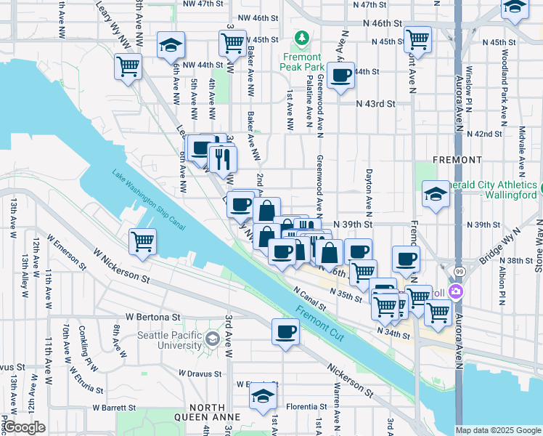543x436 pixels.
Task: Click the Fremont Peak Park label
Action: click(301, 61)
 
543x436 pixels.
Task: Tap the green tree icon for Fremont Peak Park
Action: click(301, 38)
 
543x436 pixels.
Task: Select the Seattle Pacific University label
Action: click(171, 340)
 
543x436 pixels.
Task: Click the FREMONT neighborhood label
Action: click(457, 159)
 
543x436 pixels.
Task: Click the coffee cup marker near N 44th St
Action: click(340, 76)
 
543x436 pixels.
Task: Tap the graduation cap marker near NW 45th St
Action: click(171, 48)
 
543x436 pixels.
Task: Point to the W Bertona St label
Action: click(152, 317)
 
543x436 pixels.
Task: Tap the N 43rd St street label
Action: click(375, 104)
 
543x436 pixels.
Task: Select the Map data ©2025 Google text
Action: click(498, 430)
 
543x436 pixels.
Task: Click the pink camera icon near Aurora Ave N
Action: click(456, 292)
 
